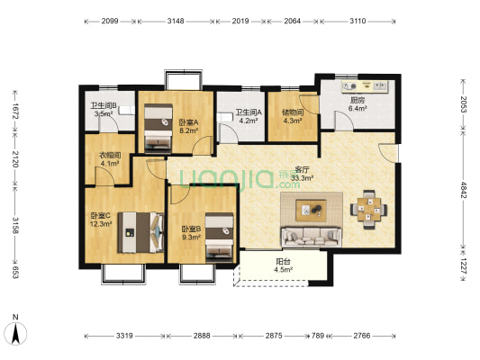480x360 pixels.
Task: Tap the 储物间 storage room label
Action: (293, 112)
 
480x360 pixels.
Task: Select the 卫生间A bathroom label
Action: (248, 112)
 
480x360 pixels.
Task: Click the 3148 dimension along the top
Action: (181, 20)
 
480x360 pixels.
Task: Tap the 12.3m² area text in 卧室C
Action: (102, 223)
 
